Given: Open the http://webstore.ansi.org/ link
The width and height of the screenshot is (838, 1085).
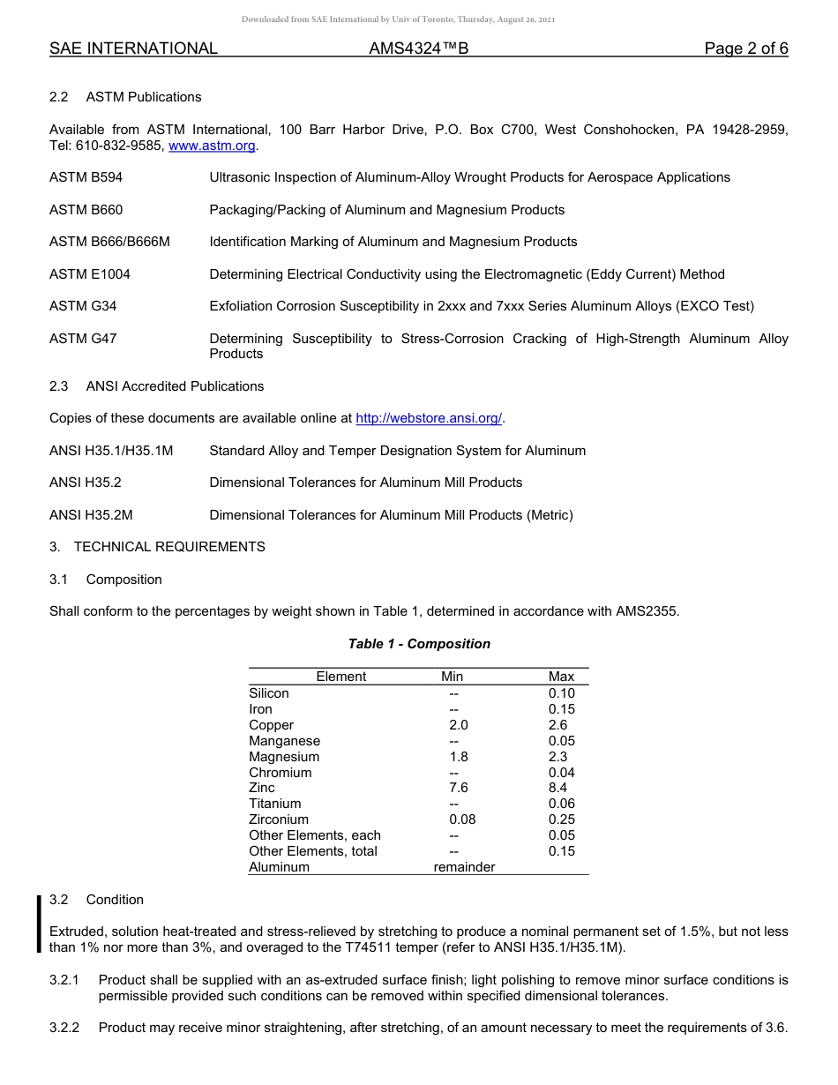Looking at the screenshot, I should [x=429, y=418].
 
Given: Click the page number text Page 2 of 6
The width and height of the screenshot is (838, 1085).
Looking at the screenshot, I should [x=745, y=49].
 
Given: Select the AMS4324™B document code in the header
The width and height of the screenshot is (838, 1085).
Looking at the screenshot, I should [x=418, y=49].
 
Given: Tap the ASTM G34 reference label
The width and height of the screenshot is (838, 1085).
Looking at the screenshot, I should [x=83, y=306].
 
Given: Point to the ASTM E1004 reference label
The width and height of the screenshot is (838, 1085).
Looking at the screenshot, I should [x=90, y=274].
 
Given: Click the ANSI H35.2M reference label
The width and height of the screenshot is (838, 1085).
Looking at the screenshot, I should [x=91, y=515].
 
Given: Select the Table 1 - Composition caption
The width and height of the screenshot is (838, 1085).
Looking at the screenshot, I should [x=419, y=644].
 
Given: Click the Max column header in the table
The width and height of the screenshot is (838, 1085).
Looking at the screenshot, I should [x=561, y=677].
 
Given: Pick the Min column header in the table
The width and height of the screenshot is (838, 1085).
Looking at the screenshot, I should [x=452, y=677].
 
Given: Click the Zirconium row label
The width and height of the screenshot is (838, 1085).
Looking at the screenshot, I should [x=279, y=819].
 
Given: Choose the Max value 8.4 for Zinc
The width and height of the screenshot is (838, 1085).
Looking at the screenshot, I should [x=557, y=788].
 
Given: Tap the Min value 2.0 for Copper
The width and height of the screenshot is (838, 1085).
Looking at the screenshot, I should [x=459, y=725].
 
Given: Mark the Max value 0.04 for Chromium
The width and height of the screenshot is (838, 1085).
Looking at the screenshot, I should [x=561, y=773].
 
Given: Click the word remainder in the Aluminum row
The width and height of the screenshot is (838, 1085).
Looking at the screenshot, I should [x=464, y=867].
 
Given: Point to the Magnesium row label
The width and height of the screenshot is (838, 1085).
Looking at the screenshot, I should [x=284, y=757].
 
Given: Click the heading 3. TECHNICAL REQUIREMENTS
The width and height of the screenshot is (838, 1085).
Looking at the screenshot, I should [x=157, y=547].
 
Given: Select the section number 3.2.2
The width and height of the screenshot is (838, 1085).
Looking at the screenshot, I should [x=64, y=1027].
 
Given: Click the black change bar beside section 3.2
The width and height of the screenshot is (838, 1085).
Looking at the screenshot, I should [x=39, y=924].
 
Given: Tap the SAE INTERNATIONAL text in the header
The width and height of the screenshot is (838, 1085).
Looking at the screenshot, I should [x=133, y=49].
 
